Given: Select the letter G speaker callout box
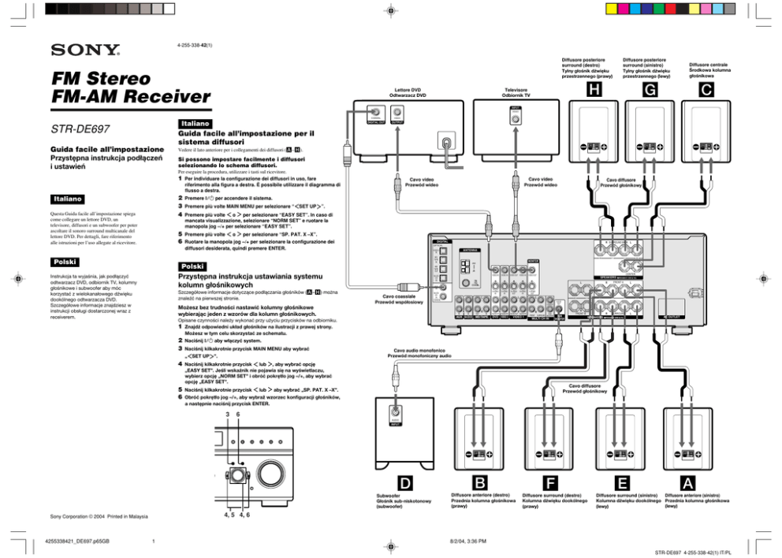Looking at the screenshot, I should point(648,91).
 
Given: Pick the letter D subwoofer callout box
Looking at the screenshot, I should point(404,481).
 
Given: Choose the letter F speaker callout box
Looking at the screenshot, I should point(553,481).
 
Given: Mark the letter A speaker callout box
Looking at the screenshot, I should point(688,481).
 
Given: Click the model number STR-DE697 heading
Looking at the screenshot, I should point(80,128).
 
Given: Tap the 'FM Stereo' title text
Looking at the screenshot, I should point(99,79).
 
